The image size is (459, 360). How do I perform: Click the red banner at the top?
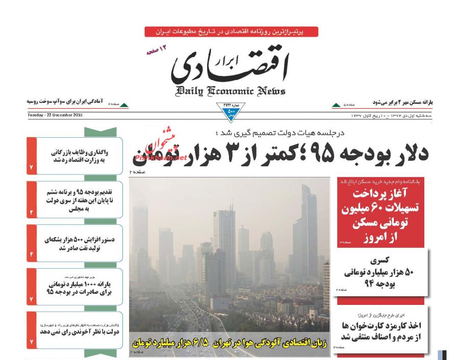point(231,32)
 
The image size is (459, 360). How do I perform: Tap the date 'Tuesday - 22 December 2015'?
point(55,115)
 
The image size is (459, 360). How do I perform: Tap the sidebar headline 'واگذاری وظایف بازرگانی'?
point(79,156)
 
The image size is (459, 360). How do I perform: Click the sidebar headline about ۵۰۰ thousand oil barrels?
point(79,243)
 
